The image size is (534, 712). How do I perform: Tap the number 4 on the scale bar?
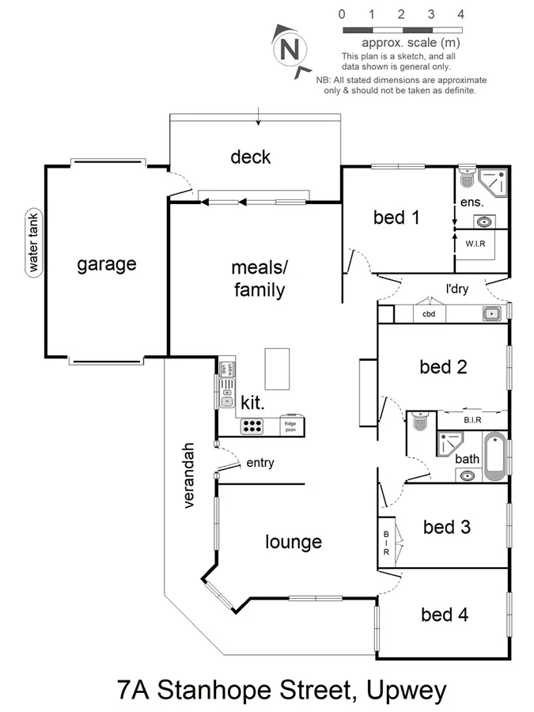(x=460, y=14)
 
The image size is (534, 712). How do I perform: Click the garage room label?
(x=106, y=264)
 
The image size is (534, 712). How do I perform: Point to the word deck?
(x=250, y=157)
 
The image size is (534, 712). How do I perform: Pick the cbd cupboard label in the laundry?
(x=429, y=314)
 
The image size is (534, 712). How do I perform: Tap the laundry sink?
(x=492, y=314)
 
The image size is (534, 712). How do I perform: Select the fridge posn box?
(x=290, y=426)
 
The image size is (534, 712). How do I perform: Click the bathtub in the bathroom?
(x=494, y=457)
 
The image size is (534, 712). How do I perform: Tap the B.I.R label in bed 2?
(x=473, y=420)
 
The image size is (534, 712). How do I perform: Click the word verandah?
(x=190, y=475)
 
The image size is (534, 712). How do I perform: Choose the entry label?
(x=260, y=463)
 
